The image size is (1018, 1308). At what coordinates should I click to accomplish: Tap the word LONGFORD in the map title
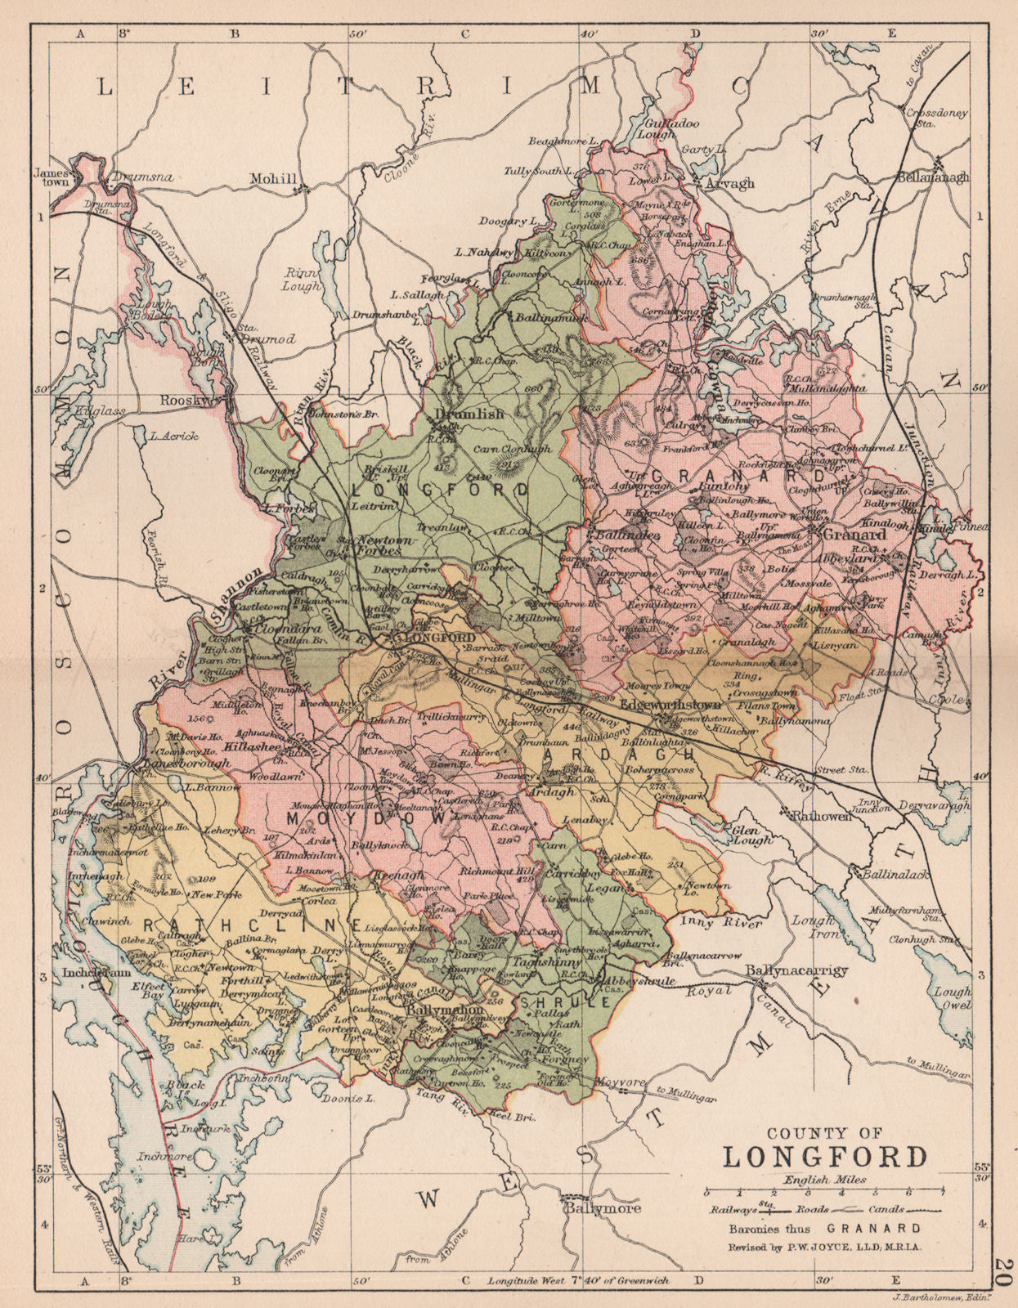tap(825, 1158)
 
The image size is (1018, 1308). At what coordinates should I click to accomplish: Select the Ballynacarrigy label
tap(797, 970)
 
